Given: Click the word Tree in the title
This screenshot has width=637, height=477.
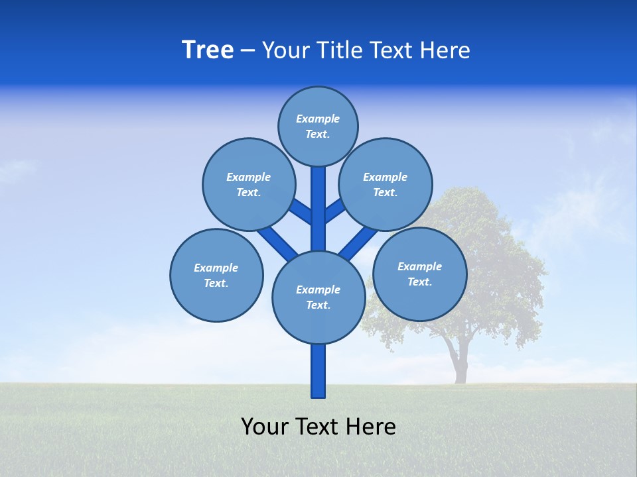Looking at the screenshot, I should pos(208,50).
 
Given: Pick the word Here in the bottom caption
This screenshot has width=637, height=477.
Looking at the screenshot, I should pos(370,427).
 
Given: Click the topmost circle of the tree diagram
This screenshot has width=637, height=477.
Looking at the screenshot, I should pos(318,126).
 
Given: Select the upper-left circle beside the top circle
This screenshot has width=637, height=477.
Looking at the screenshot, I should pos(248,184).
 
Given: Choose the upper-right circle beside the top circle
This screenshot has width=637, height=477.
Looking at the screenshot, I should pos(386,184).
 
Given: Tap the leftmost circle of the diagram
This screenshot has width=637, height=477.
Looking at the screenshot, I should pos(216,275).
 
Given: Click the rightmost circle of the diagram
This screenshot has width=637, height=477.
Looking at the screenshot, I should pos(419,274).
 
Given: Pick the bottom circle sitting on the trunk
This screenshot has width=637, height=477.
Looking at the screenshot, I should pos(318,297).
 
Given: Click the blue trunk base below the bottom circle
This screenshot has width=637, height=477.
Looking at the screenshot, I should pos(318,371).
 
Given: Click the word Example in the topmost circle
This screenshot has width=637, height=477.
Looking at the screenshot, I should pos(318,119).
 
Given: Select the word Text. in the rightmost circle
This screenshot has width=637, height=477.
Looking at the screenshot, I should pos(419,282).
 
